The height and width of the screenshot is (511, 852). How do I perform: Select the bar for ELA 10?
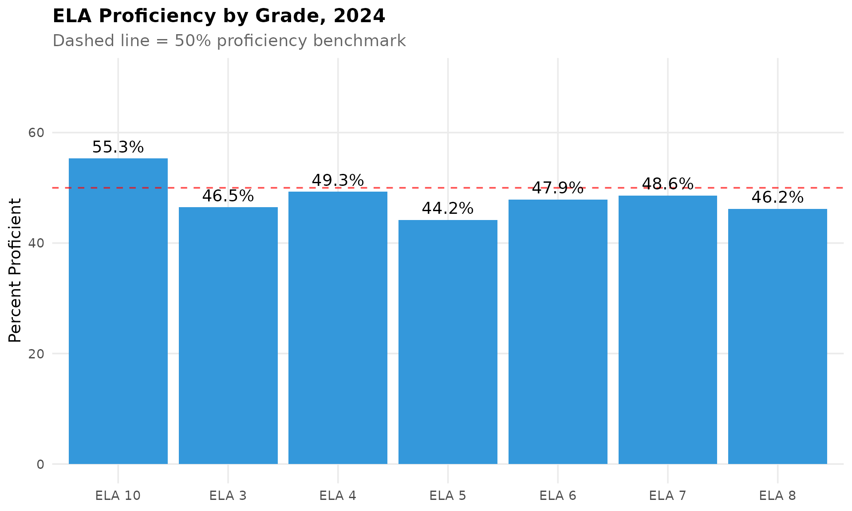(118, 311)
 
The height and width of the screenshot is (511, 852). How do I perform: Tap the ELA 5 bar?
(448, 342)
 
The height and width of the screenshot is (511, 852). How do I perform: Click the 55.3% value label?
(118, 147)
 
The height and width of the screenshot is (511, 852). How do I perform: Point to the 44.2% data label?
(448, 208)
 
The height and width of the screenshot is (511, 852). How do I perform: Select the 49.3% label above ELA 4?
(338, 181)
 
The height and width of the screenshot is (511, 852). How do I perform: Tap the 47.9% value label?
(558, 189)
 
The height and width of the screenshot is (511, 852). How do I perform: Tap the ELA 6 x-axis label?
(558, 495)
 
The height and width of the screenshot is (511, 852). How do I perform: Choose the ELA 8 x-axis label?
(777, 495)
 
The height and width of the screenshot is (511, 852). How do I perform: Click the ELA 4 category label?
(338, 495)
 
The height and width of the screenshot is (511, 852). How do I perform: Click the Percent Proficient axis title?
(15, 271)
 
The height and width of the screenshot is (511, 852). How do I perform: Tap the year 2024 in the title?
(359, 16)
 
